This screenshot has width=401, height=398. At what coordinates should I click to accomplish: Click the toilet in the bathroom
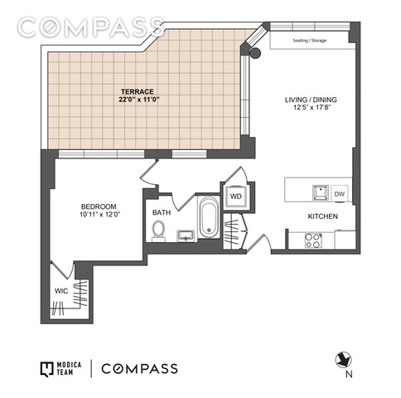click(158, 231)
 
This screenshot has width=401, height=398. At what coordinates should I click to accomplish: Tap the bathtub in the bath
click(209, 217)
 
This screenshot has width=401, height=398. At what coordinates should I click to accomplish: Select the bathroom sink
click(186, 235)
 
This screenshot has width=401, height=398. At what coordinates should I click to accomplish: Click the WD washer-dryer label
click(236, 197)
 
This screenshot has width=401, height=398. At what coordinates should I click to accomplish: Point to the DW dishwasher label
click(340, 194)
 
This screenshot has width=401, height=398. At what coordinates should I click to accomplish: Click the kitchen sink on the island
click(321, 192)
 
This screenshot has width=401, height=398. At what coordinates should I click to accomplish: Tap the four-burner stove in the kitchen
click(313, 240)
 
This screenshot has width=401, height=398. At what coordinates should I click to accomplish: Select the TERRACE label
click(138, 91)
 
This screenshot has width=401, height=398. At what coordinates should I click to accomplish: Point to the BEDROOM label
click(99, 206)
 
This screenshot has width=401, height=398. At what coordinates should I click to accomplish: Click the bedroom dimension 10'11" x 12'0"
click(99, 214)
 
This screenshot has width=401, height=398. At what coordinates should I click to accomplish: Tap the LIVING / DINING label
click(311, 99)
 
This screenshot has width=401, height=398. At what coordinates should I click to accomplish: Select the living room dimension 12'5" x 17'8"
click(312, 107)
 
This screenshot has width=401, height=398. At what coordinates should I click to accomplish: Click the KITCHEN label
click(322, 216)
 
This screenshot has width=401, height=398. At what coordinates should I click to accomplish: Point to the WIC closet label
click(61, 291)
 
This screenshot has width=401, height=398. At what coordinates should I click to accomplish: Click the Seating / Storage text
click(310, 41)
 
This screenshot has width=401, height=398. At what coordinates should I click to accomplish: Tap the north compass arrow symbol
click(343, 360)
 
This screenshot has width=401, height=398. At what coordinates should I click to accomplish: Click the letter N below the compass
click(349, 374)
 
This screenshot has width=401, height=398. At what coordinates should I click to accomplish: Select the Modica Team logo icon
click(46, 369)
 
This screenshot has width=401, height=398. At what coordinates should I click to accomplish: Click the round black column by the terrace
click(255, 52)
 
